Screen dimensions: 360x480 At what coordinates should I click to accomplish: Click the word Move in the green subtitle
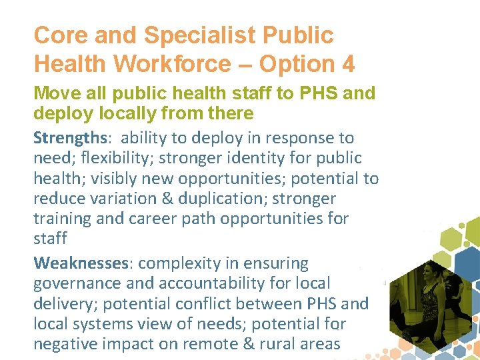click(58, 93)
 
